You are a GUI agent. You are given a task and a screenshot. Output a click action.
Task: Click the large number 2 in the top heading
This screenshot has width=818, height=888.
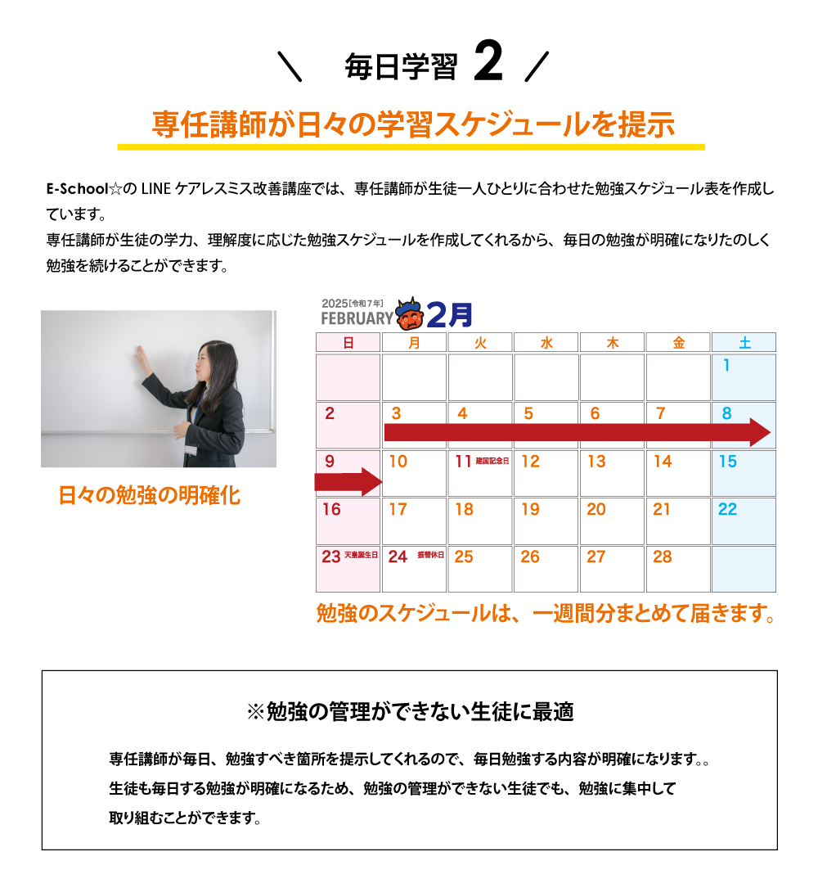[x=488, y=65]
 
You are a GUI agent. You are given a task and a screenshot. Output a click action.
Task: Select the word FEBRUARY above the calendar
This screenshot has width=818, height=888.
[x=357, y=318]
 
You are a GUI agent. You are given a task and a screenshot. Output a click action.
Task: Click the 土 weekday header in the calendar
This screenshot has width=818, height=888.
[x=744, y=343]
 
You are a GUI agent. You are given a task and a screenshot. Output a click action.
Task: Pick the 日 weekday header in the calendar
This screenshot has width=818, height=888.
[x=348, y=343]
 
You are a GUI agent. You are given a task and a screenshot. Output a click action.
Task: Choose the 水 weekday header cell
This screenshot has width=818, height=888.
[x=546, y=343]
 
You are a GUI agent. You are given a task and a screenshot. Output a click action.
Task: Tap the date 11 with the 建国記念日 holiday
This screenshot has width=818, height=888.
[x=464, y=462]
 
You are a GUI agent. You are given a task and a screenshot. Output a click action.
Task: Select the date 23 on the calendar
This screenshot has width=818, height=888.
[x=331, y=557]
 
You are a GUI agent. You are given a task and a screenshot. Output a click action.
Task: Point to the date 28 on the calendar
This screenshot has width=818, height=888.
[x=663, y=557]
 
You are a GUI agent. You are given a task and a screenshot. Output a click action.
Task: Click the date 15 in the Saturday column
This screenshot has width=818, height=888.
[x=727, y=462]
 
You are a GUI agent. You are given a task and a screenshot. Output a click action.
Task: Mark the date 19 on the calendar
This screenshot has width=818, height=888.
[x=530, y=510]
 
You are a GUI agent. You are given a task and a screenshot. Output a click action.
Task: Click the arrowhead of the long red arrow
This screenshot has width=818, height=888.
[x=760, y=432]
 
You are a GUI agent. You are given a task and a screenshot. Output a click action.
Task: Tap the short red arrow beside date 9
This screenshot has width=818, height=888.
[x=348, y=482]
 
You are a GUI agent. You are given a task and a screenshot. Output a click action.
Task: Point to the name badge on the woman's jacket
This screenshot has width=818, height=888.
[x=191, y=449]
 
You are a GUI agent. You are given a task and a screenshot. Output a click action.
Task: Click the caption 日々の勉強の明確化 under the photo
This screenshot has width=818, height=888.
[x=150, y=496]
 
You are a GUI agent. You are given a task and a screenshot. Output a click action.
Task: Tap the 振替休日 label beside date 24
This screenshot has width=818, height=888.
[x=430, y=555]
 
